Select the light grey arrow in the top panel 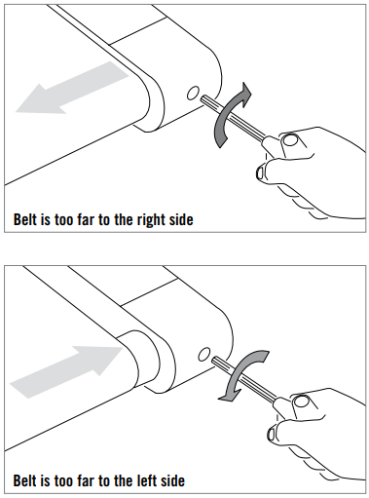[72, 88]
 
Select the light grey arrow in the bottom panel [66, 372]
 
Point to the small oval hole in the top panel [193, 93]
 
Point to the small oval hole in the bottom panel [204, 354]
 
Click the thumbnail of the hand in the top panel [290, 141]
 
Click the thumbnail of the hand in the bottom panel [302, 402]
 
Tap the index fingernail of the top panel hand [260, 172]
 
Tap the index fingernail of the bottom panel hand [271, 435]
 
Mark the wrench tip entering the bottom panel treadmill [214, 360]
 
